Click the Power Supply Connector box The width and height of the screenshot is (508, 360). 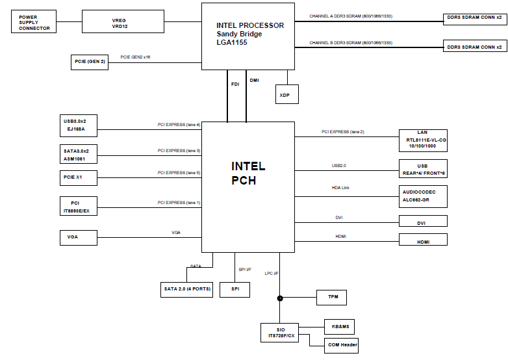(x=34, y=23)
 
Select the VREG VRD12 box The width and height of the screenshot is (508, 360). (x=123, y=23)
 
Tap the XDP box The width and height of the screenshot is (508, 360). (x=285, y=94)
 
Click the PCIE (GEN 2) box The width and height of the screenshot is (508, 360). (x=90, y=62)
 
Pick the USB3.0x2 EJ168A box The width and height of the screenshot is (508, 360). (x=79, y=125)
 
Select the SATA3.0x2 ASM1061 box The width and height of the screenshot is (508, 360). (x=79, y=154)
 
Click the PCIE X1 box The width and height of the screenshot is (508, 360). (x=79, y=177)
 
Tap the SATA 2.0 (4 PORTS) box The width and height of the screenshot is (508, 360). (x=187, y=290)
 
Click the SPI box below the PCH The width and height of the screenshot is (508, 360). (x=235, y=290)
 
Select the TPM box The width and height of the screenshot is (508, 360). (x=331, y=298)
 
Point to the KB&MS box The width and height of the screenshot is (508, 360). (x=339, y=326)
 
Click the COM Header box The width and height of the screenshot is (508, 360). (x=341, y=344)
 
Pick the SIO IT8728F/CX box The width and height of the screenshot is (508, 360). (x=280, y=333)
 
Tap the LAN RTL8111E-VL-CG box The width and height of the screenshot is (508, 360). (x=423, y=140)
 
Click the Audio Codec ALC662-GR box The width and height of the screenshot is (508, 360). (x=423, y=196)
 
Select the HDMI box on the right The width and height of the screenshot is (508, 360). (x=423, y=240)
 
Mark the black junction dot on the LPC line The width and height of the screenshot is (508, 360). (x=280, y=298)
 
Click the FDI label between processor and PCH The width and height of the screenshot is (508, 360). (x=235, y=84)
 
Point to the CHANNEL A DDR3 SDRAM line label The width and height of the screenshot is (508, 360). (x=351, y=15)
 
